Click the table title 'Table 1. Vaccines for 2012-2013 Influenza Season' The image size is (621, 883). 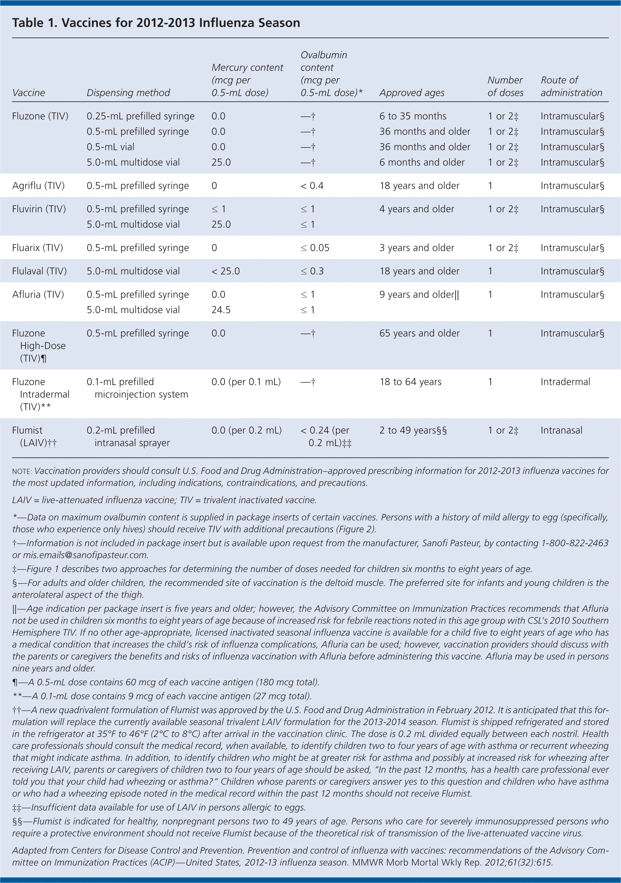tap(156, 23)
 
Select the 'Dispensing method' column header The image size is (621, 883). tap(128, 93)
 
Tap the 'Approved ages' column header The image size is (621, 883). tap(412, 93)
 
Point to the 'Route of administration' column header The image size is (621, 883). tap(571, 86)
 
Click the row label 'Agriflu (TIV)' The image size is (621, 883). tap(38, 186)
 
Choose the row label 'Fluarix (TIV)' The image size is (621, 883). tap(37, 248)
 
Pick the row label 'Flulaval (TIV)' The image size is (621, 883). tap(39, 271)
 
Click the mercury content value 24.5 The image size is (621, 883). tap(221, 310)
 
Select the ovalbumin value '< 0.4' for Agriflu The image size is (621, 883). tap(312, 186)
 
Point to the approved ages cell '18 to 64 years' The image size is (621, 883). tap(410, 382)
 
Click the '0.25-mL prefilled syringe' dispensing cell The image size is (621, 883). tap(140, 116)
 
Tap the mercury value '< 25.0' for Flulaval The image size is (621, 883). tap(226, 271)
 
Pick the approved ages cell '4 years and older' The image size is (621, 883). tap(416, 209)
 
